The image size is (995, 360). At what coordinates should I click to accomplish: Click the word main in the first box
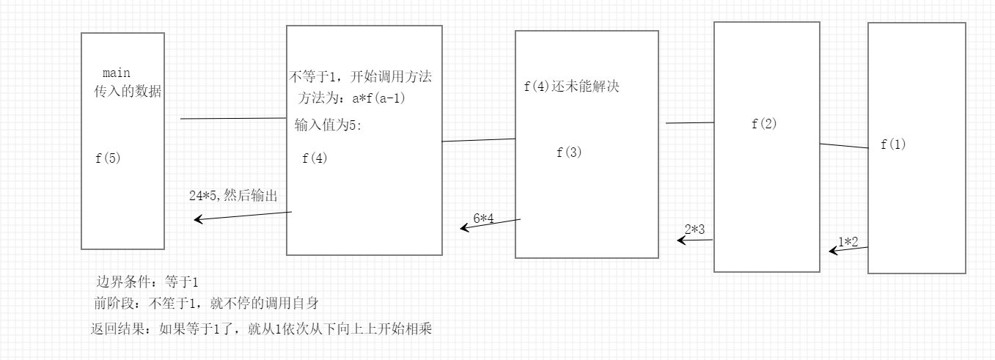(117, 73)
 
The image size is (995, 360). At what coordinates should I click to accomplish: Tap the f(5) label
(107, 158)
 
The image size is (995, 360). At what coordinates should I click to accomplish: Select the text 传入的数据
(128, 92)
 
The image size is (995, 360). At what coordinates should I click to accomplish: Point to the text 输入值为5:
(328, 125)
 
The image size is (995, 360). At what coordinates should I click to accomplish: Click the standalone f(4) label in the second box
(315, 158)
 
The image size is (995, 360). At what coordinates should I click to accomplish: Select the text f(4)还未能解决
(571, 87)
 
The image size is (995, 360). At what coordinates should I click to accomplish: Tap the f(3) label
(569, 153)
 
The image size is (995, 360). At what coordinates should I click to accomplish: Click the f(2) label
(764, 123)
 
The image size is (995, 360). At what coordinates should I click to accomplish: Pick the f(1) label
(893, 144)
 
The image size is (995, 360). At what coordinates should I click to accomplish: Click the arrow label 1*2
(853, 241)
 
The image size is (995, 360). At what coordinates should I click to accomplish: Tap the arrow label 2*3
(694, 229)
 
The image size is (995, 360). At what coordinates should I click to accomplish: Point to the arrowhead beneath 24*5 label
(198, 219)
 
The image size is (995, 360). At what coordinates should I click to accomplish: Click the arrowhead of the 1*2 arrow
(832, 251)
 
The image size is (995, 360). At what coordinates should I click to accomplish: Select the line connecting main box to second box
(232, 119)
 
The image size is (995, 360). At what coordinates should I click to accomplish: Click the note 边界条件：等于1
(147, 282)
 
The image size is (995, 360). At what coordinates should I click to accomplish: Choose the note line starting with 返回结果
(260, 329)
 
